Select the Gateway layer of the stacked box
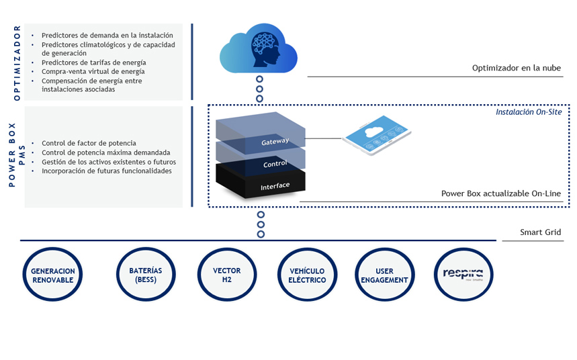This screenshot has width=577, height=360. (x=275, y=141)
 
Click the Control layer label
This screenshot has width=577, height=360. (x=275, y=164)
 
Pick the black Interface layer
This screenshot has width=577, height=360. (x=275, y=185)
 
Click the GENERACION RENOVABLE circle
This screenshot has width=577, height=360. (x=52, y=275)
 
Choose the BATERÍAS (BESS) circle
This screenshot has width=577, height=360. (x=146, y=275)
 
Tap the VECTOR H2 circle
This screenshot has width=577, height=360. (x=227, y=275)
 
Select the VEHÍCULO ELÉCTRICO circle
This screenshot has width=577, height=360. (x=302, y=275)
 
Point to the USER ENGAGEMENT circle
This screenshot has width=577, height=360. (x=384, y=275)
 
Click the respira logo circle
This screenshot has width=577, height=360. (x=463, y=275)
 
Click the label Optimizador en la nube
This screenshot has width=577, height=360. (x=516, y=68)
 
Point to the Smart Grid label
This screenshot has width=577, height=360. (x=540, y=232)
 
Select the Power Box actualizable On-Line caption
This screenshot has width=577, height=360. (x=500, y=193)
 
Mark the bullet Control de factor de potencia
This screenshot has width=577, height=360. (x=89, y=143)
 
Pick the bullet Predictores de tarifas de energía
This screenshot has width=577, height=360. (x=93, y=62)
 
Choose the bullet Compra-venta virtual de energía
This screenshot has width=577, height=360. (x=93, y=71)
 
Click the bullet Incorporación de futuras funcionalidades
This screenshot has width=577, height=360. (x=106, y=171)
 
